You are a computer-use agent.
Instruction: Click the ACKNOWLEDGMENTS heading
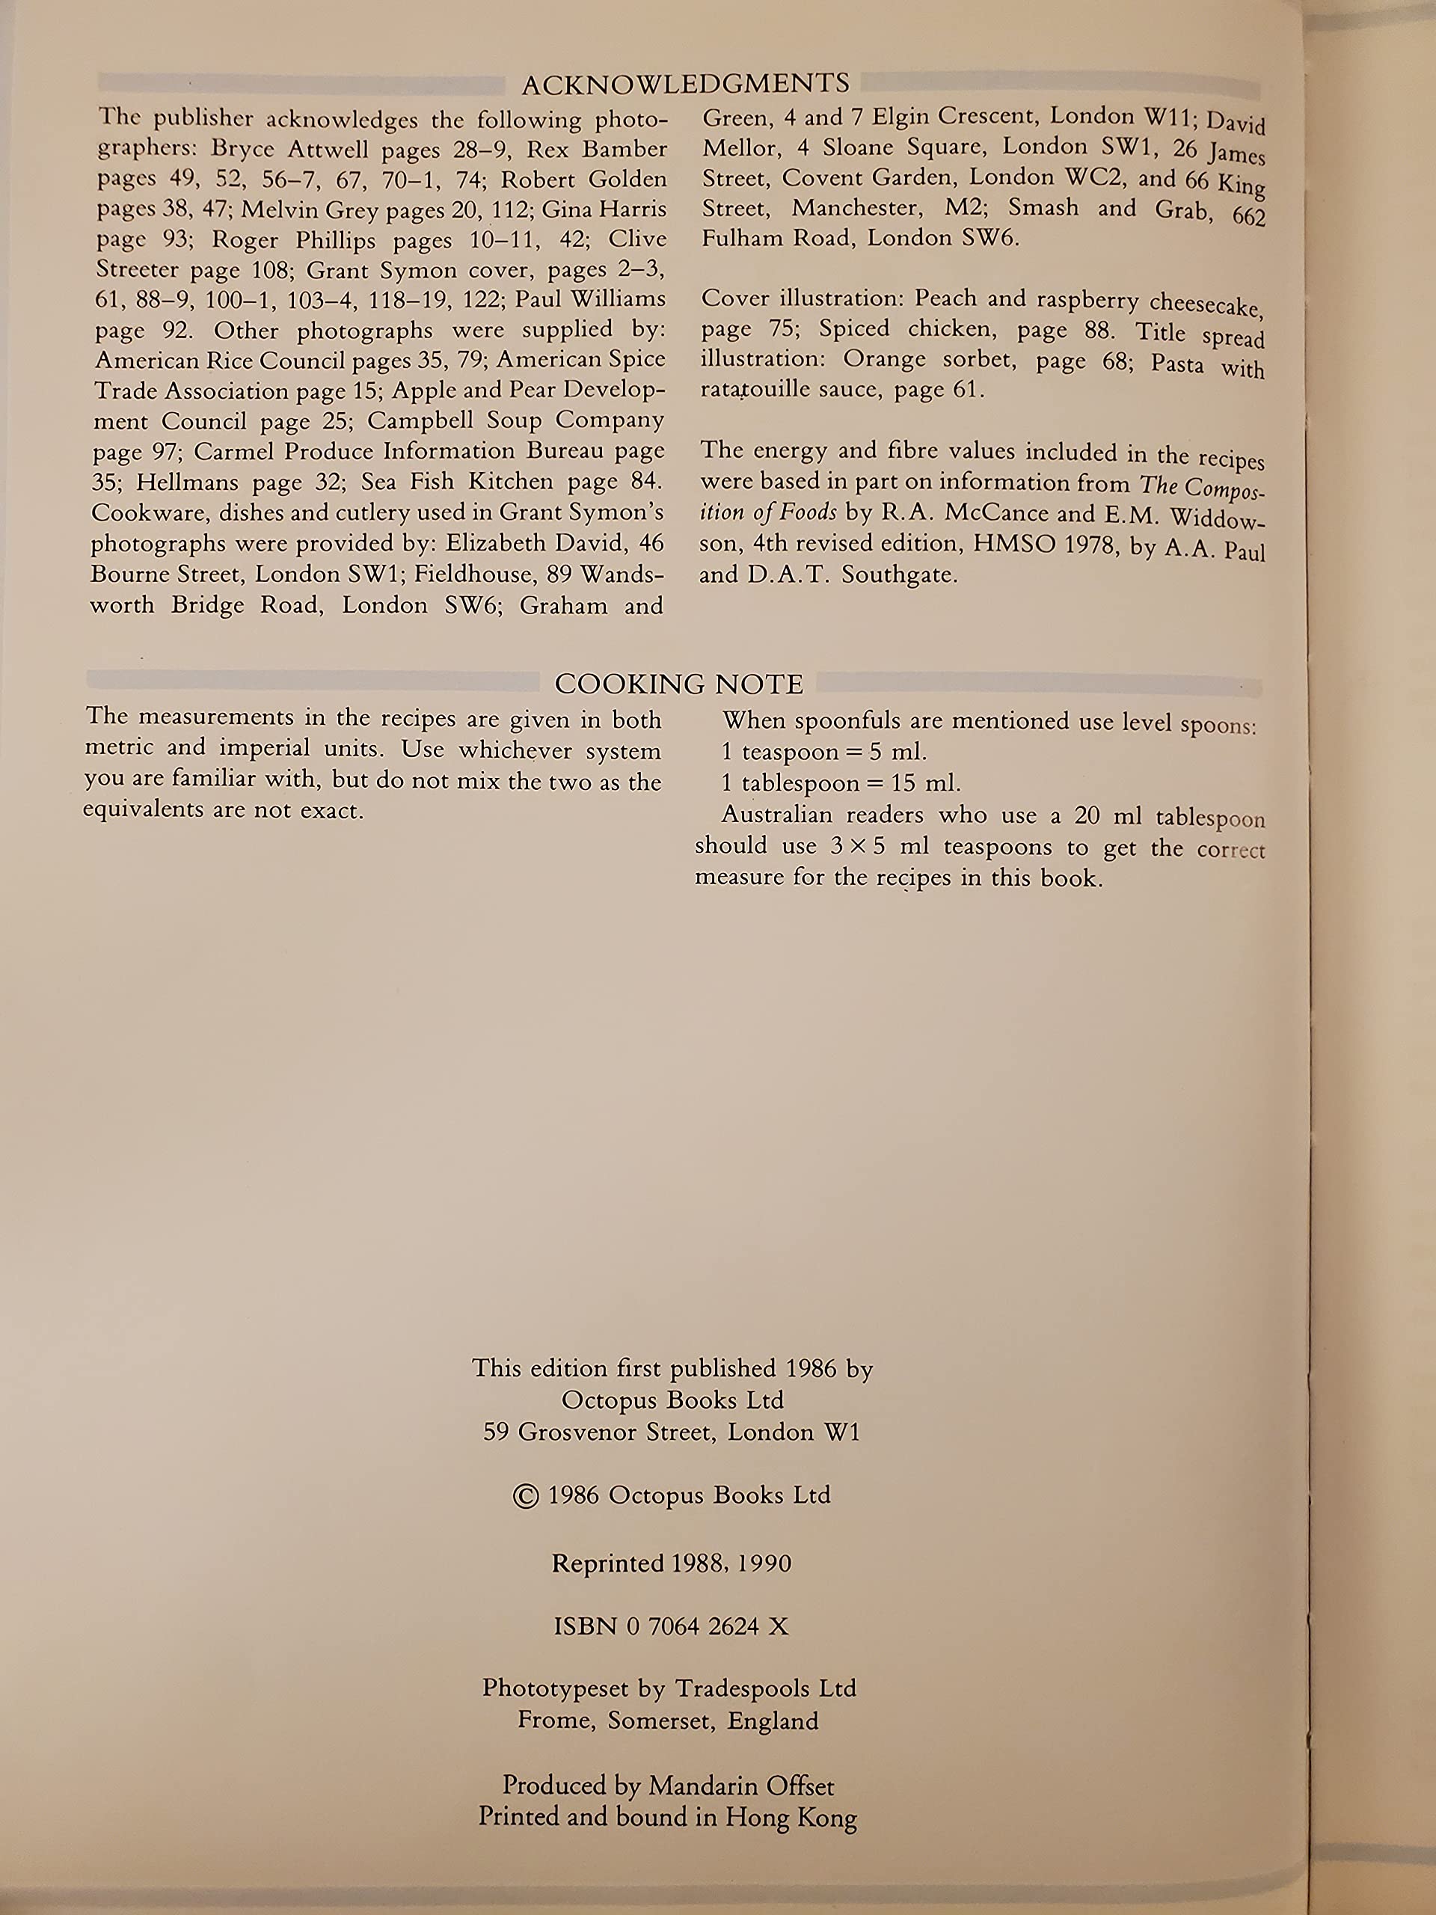(x=686, y=84)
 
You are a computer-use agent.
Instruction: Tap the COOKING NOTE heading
(x=678, y=684)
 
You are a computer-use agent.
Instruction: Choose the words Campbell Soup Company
(x=515, y=420)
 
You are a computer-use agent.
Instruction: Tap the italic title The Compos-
(x=1201, y=485)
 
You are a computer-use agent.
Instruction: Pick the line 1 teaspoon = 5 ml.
(x=824, y=752)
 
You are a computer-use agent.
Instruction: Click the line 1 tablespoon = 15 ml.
(x=841, y=782)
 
